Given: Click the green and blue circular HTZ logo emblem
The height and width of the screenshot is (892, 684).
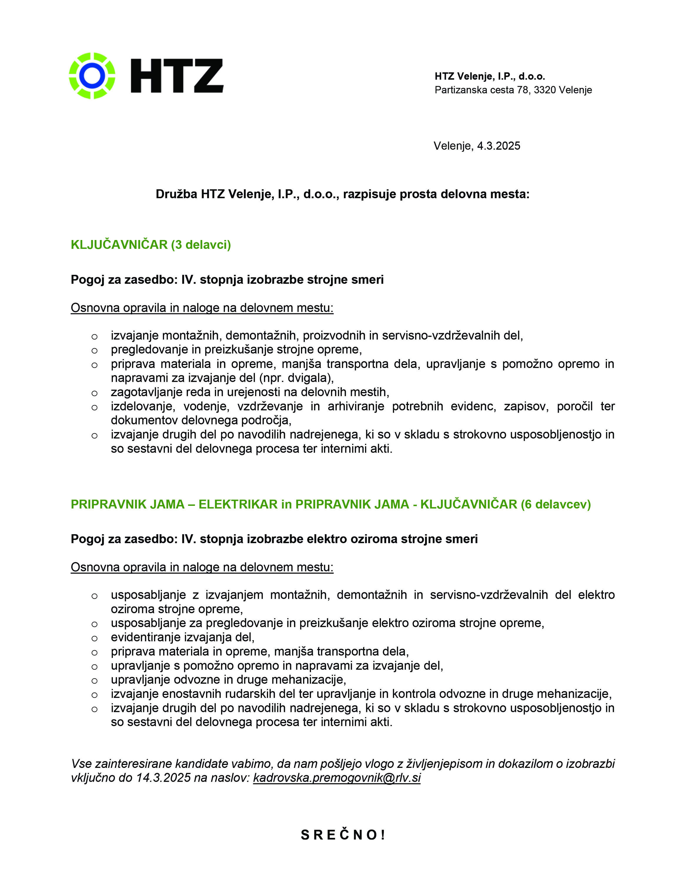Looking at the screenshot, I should click(92, 76).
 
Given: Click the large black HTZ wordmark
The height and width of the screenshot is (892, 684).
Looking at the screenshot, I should click(177, 76).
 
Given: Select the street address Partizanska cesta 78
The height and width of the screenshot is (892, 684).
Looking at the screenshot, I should click(481, 90).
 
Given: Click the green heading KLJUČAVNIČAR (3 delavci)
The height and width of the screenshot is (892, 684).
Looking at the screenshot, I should click(150, 245).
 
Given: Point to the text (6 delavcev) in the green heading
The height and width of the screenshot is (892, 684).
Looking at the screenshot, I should click(556, 504).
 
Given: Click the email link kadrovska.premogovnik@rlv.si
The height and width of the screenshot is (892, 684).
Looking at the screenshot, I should click(337, 778).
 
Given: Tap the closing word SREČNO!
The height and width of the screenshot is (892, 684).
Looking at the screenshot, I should click(343, 835).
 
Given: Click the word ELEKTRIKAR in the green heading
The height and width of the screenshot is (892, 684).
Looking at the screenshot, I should click(238, 504).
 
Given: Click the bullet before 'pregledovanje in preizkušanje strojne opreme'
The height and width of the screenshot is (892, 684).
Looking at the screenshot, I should click(94, 350).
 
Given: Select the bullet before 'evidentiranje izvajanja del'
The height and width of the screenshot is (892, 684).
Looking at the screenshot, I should click(94, 638).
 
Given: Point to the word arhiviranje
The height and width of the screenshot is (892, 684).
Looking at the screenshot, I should click(355, 406).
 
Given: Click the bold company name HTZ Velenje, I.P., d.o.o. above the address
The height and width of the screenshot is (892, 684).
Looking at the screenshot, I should click(490, 76).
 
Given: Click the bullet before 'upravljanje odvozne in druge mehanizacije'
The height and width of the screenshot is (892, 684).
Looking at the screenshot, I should click(94, 681).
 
